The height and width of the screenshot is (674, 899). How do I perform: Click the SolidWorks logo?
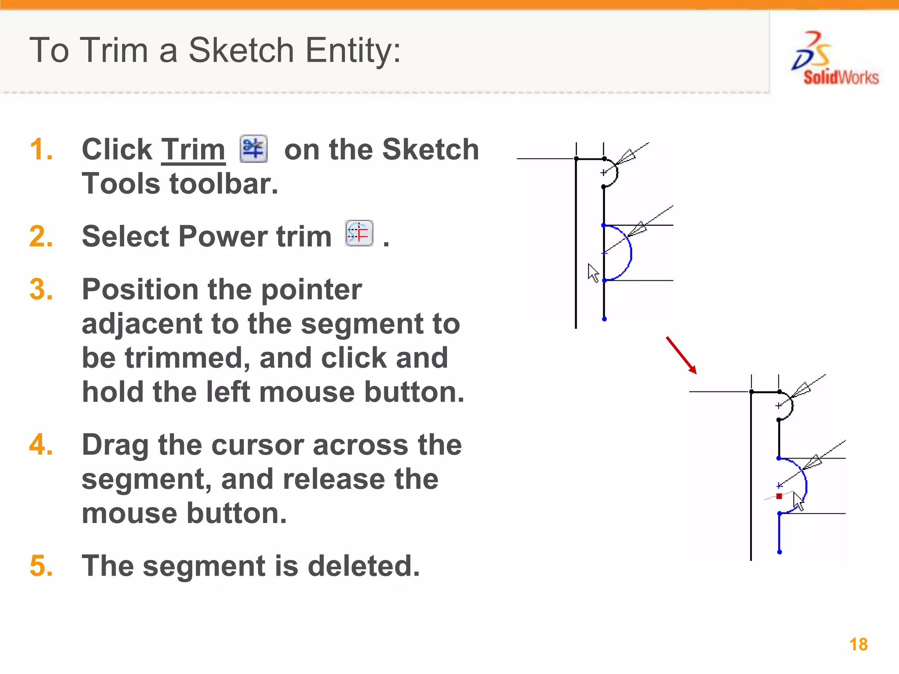click(834, 59)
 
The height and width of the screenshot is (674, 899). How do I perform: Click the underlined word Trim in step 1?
click(193, 150)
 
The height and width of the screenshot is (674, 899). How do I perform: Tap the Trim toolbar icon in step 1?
click(253, 149)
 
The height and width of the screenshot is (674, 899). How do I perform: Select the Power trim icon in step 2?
click(359, 233)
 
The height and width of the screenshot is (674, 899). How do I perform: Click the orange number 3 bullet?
click(41, 290)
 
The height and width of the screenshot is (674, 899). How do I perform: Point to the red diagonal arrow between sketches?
click(681, 355)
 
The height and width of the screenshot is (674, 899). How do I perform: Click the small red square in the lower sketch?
click(779, 496)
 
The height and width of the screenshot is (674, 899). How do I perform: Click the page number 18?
click(858, 645)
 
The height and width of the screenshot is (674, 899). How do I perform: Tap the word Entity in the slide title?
click(352, 50)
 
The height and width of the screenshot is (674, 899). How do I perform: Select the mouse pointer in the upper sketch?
click(593, 272)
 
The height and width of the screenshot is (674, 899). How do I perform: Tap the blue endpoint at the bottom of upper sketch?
click(604, 319)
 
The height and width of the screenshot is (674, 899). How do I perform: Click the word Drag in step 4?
click(115, 445)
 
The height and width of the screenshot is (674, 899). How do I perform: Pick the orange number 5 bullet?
click(41, 566)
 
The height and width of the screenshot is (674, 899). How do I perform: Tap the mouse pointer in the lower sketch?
click(798, 501)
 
